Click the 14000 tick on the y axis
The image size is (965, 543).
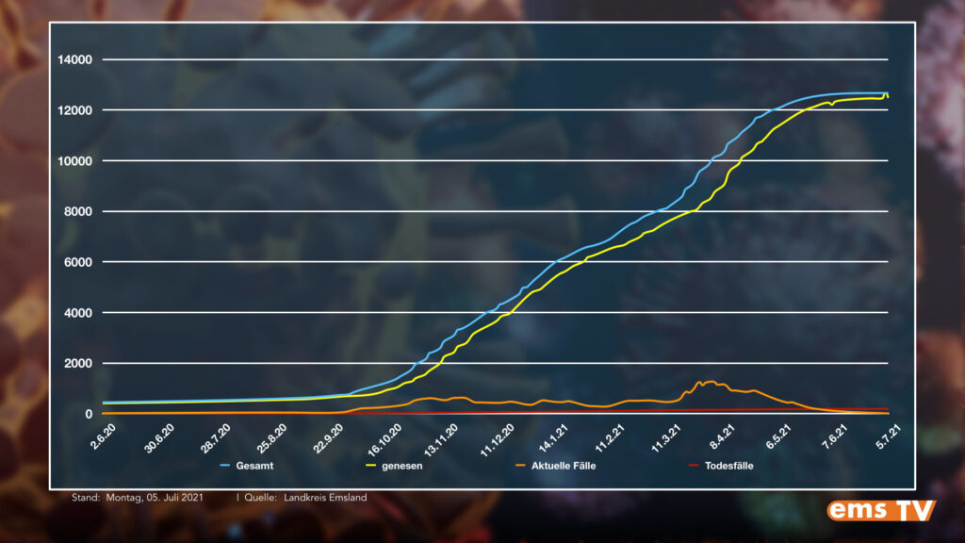point(75,60)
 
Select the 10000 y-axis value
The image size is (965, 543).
point(75,161)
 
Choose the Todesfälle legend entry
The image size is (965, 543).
point(728,466)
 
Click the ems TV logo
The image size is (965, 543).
point(881,510)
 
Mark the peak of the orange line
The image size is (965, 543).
point(709,382)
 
